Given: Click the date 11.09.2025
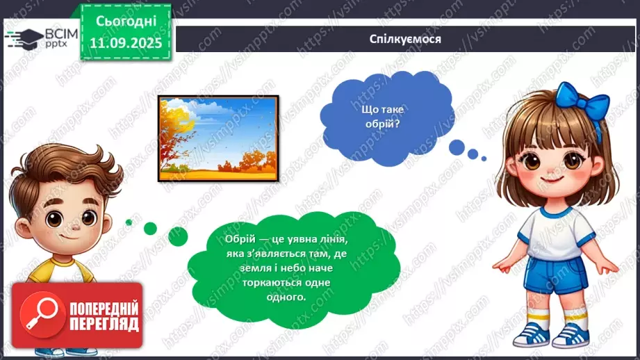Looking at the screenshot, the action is tap(126, 43).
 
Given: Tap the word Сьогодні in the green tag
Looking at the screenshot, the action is tap(126, 22).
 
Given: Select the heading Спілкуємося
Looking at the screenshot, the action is tap(405, 39).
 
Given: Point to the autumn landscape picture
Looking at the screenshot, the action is tap(218, 139).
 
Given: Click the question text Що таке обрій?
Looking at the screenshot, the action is tap(382, 116).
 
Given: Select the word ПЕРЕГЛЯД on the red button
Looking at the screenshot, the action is tap(104, 325).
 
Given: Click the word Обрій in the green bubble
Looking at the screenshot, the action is tap(240, 239).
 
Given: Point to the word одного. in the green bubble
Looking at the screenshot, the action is tap(286, 297).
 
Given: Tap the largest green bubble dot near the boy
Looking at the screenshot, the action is tap(178, 236).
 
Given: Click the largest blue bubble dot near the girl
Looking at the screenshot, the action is tap(457, 147).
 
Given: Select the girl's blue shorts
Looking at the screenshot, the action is tap(555, 275).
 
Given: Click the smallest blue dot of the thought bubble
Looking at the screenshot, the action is tap(484, 158).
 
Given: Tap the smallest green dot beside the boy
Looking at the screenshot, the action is tap(129, 222).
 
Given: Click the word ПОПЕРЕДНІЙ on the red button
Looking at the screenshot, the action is tap(104, 309).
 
